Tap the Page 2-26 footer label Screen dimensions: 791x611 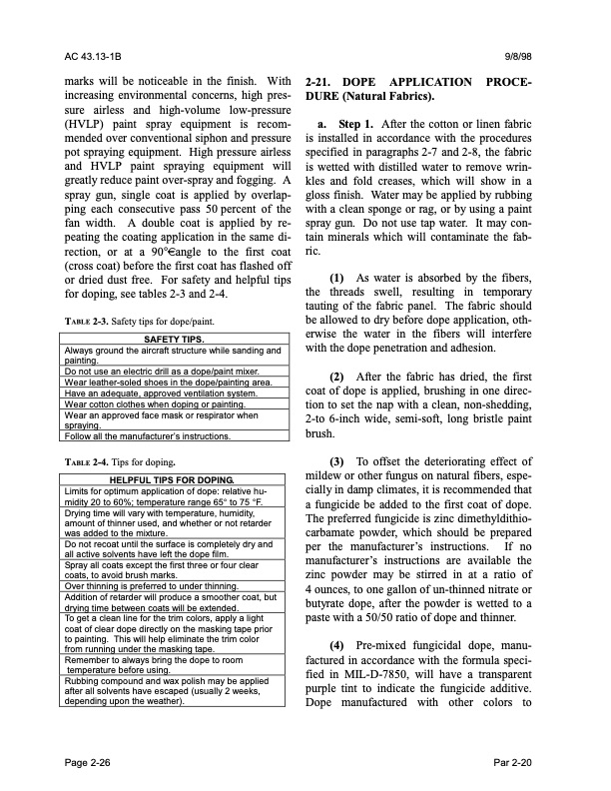coord(89,762)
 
